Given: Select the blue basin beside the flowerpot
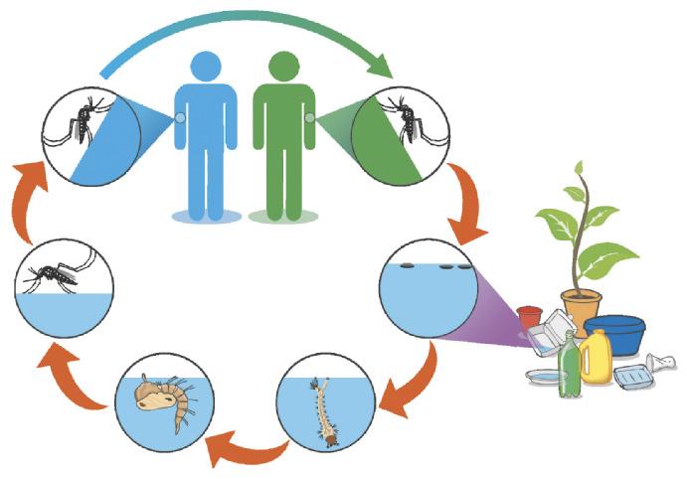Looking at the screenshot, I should click(614, 333).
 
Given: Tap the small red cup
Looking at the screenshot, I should click(529, 319).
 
